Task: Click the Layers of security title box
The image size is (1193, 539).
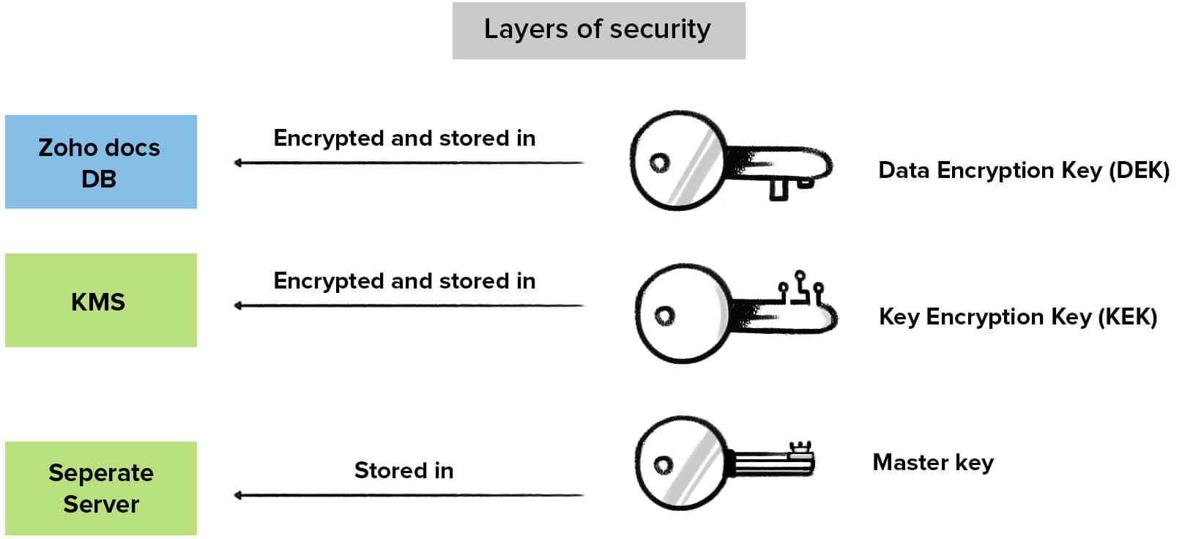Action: [598, 31]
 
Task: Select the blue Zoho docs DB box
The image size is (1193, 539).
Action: [100, 162]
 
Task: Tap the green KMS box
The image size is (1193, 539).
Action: [100, 300]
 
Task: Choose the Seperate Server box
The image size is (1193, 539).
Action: [100, 488]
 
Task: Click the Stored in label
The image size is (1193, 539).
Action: [404, 470]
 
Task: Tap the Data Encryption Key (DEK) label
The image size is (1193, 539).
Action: [1023, 171]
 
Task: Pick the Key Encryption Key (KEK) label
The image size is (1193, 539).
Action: [1017, 317]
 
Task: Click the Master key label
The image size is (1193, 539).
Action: [932, 462]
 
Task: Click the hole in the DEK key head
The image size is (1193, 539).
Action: [659, 163]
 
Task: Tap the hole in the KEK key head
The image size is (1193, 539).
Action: [664, 316]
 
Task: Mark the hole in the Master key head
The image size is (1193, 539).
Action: [663, 465]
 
